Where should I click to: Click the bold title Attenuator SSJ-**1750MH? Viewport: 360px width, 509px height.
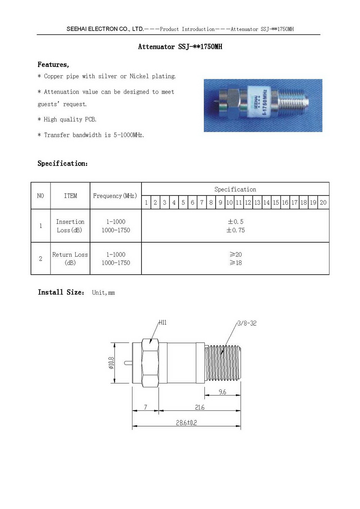coord(180,47)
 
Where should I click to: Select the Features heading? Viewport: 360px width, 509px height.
coord(53,65)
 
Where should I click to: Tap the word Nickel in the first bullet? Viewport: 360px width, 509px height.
coord(139,76)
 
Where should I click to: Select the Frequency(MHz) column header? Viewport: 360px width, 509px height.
coord(115,196)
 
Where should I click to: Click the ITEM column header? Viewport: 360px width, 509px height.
coord(70,196)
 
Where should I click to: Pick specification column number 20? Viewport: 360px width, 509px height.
coord(323,203)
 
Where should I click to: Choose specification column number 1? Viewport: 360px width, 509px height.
coord(146,203)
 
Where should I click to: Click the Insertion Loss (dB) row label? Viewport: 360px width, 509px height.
coord(70,226)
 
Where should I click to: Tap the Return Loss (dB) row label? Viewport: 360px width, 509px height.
coord(70,258)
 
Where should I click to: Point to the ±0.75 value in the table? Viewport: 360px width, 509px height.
coord(235,230)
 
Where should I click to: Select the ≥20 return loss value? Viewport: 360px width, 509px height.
coord(235,254)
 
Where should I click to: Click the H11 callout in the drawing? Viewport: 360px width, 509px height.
coord(163,323)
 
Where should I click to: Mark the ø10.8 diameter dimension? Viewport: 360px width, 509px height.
coord(111,363)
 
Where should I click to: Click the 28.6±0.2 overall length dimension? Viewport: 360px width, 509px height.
coord(186,423)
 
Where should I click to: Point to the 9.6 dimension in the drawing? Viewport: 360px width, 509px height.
coord(222,392)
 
